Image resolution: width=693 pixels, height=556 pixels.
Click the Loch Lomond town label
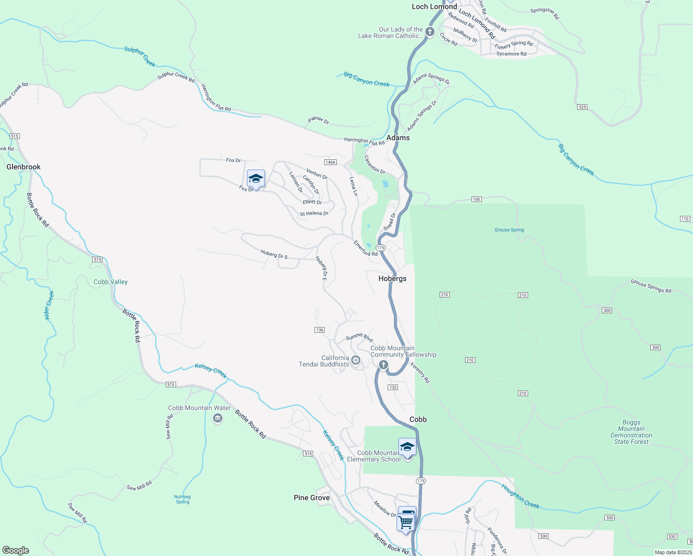click(x=434, y=6)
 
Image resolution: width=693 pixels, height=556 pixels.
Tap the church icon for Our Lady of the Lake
click(x=430, y=32)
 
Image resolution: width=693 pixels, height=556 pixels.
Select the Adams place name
click(x=398, y=138)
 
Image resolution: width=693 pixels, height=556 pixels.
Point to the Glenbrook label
click(x=24, y=167)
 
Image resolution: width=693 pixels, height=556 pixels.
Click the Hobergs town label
click(x=392, y=278)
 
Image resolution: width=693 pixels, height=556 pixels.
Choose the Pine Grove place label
click(x=312, y=498)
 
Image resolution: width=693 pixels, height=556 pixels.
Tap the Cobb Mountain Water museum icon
click(x=217, y=419)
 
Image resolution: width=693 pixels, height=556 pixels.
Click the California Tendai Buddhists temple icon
click(x=356, y=360)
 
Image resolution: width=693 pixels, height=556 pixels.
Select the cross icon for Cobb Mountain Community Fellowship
click(x=383, y=365)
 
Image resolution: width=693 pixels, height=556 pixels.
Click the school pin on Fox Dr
click(x=256, y=178)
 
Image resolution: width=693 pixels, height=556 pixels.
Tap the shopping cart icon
click(x=405, y=522)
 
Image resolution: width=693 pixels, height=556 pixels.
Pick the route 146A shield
click(x=330, y=162)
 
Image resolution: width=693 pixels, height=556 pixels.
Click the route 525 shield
click(x=582, y=107)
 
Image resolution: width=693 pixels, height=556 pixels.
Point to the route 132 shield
click(x=393, y=387)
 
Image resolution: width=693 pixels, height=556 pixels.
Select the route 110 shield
click(x=685, y=219)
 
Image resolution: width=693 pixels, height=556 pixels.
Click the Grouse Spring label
click(x=509, y=230)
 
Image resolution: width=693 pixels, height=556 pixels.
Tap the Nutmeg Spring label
click(x=183, y=499)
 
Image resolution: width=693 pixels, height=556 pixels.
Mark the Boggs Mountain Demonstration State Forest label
click(x=631, y=432)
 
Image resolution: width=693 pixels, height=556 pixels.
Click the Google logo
click(x=15, y=550)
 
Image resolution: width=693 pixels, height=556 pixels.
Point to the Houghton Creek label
click(x=520, y=496)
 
